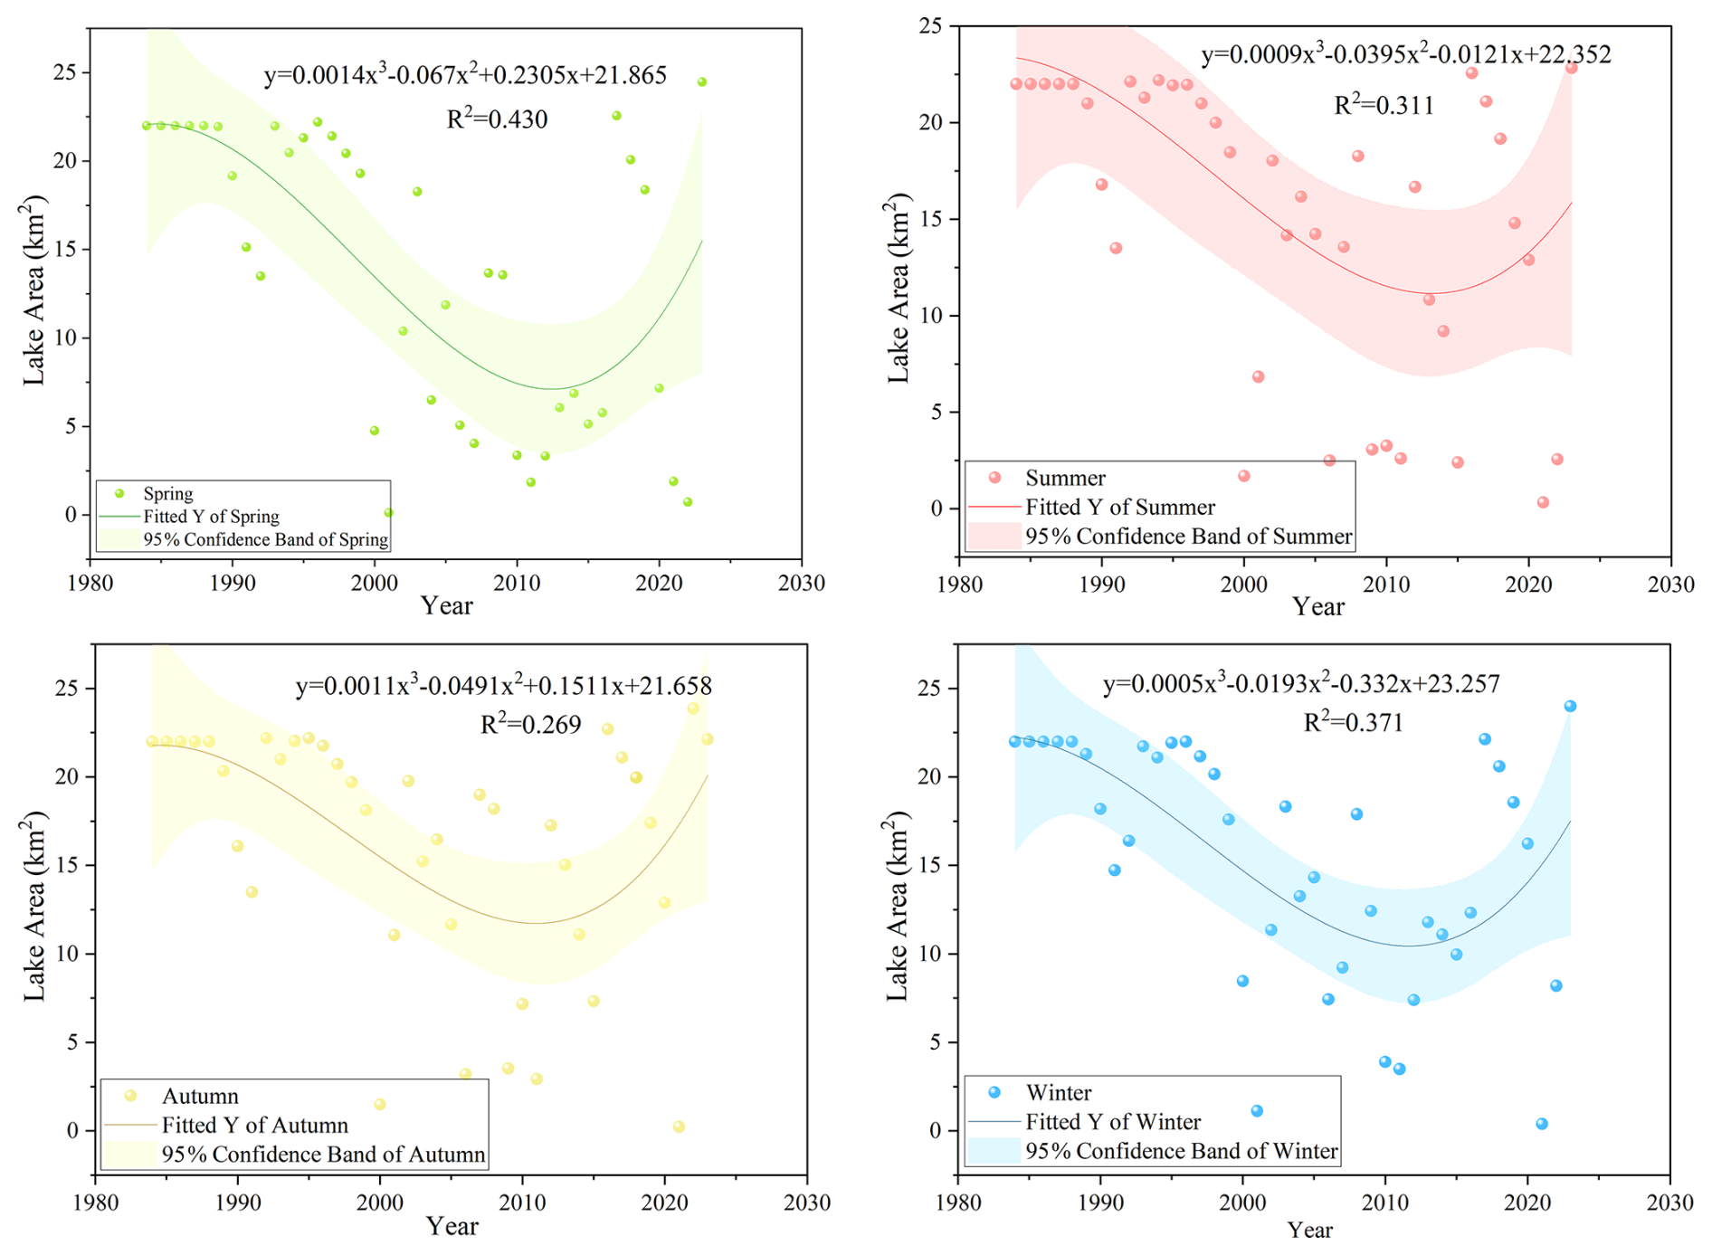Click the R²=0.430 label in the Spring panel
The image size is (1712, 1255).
pos(497,119)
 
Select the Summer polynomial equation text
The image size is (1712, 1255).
pos(1405,55)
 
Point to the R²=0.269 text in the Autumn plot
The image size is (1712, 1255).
pos(530,725)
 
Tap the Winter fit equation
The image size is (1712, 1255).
pos(1301,684)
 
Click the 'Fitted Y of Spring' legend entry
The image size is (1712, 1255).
pos(211,517)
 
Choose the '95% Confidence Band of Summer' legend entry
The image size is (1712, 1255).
pos(1188,537)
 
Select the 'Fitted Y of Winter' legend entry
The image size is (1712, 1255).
pos(1112,1122)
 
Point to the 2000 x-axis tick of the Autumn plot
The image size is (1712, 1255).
pos(380,1203)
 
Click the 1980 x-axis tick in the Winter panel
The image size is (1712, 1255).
pos(958,1203)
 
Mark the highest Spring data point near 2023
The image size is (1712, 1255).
pos(701,82)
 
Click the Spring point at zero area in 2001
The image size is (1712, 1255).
pos(388,512)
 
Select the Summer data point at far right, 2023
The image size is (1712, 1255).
pos(1571,68)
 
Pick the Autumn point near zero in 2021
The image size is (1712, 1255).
pos(679,1127)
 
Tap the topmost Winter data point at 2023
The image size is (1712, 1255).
pos(1570,707)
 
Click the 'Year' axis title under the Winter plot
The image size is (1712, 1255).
pos(1309,1230)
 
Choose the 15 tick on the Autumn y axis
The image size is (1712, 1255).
pos(77,865)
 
